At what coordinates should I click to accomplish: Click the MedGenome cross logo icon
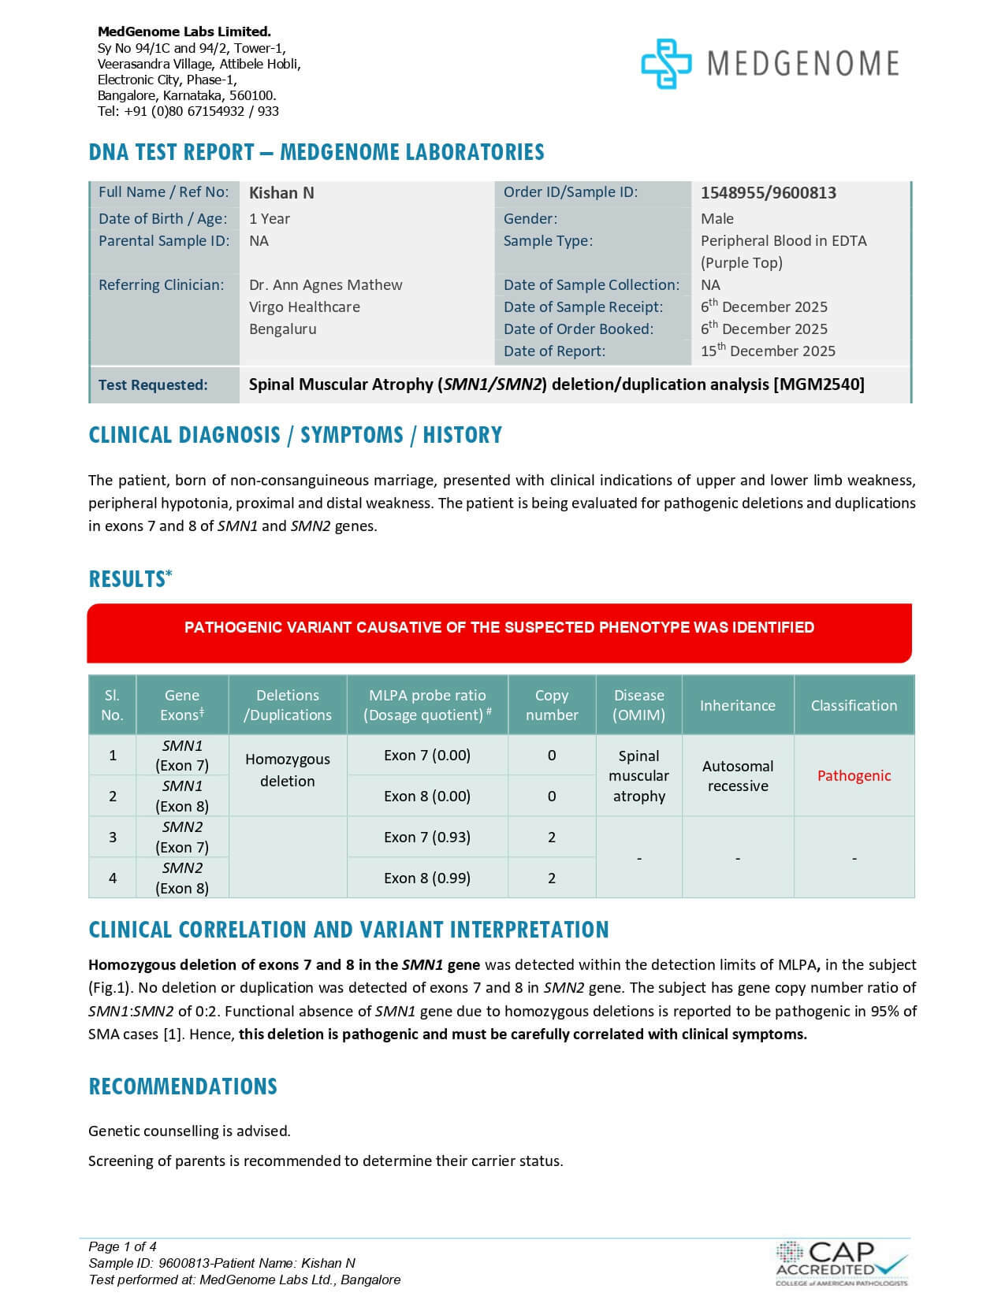666,64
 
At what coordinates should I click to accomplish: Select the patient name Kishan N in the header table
281,193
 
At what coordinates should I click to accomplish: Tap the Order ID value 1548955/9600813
768,193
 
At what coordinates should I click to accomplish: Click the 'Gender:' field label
530,219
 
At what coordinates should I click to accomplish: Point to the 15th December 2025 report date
768,351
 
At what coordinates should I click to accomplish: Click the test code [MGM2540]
818,384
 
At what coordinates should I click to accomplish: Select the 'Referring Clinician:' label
161,285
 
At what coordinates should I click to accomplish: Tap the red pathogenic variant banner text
499,628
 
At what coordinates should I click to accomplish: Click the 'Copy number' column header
552,705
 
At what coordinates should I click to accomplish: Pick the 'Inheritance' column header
737,705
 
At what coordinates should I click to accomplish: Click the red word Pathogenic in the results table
854,776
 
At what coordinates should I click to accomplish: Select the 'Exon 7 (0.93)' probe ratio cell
427,838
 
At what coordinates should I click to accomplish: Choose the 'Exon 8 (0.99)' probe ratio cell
427,878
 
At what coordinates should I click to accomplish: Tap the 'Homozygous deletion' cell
288,771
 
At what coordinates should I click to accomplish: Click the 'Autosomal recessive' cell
737,776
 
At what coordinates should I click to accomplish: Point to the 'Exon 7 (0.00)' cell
427,756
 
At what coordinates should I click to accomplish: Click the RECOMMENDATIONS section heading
183,1086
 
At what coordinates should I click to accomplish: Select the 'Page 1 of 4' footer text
123,1246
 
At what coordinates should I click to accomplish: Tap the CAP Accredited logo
840,1263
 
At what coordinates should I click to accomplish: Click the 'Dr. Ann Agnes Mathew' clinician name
326,285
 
